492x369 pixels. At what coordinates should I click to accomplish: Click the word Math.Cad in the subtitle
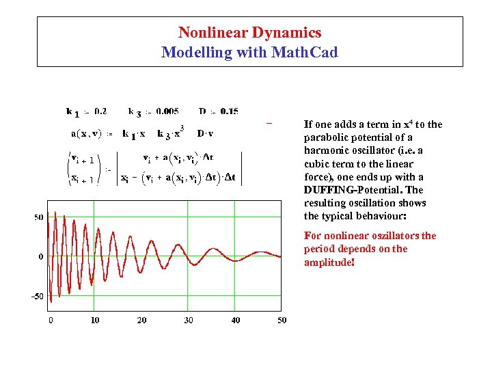307,52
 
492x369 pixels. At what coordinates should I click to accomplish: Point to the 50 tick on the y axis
39,217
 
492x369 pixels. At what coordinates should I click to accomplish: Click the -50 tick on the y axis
37,297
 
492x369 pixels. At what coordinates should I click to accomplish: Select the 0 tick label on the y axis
41,257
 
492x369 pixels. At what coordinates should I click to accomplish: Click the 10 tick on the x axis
95,320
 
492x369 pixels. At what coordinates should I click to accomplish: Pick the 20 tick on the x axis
142,320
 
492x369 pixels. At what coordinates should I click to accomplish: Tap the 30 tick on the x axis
189,320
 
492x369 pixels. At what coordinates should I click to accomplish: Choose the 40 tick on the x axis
236,320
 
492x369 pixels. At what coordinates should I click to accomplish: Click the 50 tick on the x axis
282,320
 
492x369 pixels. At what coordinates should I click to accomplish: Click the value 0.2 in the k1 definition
100,111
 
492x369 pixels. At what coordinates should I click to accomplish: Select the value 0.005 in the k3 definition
167,111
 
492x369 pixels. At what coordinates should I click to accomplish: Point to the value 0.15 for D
229,111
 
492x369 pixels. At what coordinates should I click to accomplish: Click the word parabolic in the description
325,137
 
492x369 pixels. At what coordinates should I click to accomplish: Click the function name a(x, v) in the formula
83,133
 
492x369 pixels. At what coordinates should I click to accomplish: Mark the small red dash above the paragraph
269,124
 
